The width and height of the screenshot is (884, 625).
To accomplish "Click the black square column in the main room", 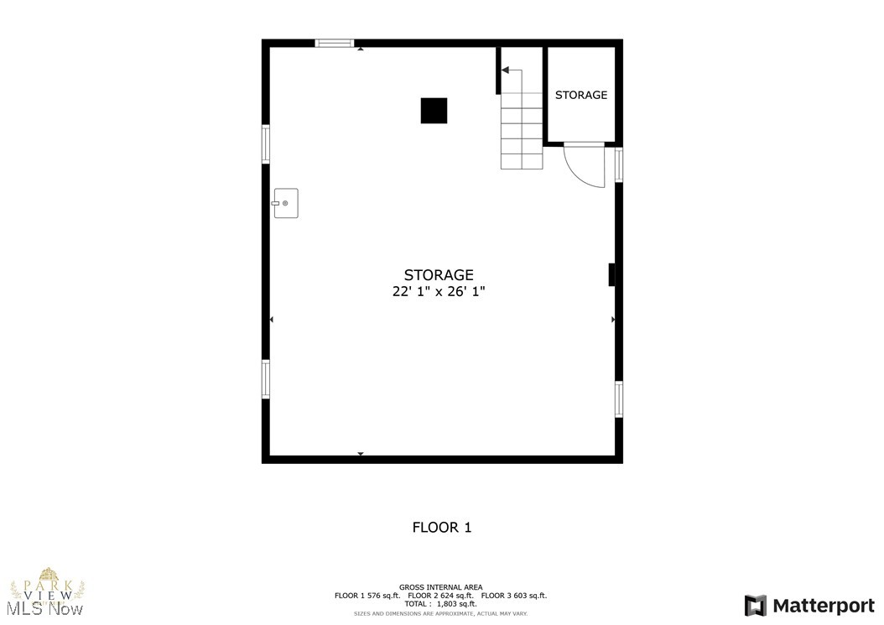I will (x=434, y=111).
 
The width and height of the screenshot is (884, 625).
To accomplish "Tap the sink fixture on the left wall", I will (x=285, y=203).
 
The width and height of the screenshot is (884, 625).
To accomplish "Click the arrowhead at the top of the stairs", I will (x=505, y=70).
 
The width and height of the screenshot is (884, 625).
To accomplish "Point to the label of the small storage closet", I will (x=581, y=95).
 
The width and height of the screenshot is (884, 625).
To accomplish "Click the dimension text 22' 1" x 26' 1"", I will (x=439, y=292).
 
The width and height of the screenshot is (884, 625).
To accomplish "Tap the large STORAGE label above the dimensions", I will (x=439, y=275).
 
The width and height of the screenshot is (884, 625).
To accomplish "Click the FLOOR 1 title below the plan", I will (x=441, y=528).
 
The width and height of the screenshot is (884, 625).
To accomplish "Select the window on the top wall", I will (x=335, y=43).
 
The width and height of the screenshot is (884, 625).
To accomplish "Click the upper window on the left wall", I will (x=266, y=143).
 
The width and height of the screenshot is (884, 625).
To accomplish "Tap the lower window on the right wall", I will (x=619, y=398).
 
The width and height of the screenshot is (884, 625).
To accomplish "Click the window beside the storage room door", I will (x=619, y=164).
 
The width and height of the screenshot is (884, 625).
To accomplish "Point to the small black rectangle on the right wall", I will (x=612, y=275).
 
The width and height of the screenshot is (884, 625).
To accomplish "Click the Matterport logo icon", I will (x=755, y=605).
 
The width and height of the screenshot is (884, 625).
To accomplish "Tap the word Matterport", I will (x=824, y=605).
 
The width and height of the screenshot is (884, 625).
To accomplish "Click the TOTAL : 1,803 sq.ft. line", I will (x=440, y=604).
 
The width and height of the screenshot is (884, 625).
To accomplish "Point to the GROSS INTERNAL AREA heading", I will (x=440, y=587).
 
